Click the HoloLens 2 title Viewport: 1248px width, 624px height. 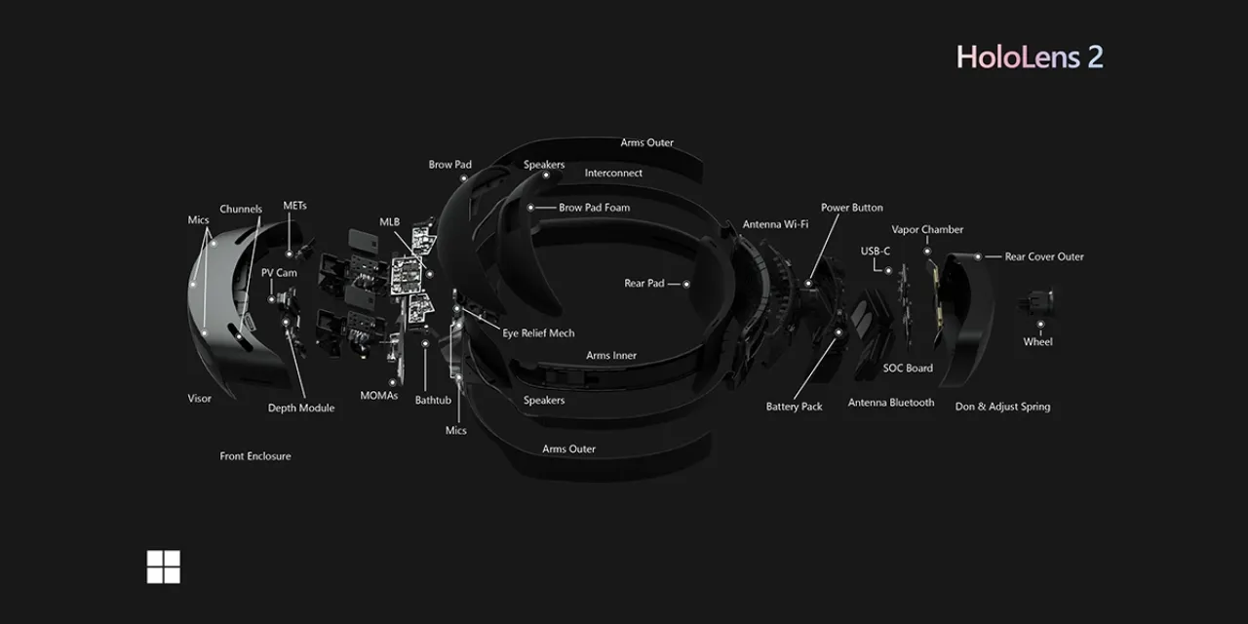pyautogui.click(x=1030, y=57)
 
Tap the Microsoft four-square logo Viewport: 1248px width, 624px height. pyautogui.click(x=163, y=566)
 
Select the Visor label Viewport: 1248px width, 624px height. pyautogui.click(x=200, y=399)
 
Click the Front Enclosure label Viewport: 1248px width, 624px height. pyautogui.click(x=255, y=455)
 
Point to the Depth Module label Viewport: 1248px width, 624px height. pyautogui.click(x=301, y=408)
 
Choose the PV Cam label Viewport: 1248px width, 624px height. pyautogui.click(x=279, y=272)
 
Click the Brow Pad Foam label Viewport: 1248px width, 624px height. pyautogui.click(x=595, y=208)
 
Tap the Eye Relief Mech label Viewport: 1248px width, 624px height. pyautogui.click(x=538, y=333)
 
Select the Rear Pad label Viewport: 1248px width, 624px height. pyautogui.click(x=644, y=283)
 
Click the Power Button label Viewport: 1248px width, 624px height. pyautogui.click(x=852, y=208)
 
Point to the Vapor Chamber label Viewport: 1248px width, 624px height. pyautogui.click(x=927, y=229)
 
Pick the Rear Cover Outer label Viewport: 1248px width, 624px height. pyautogui.click(x=1044, y=256)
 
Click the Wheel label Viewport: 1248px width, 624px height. pyautogui.click(x=1037, y=341)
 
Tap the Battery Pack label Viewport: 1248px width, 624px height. pyautogui.click(x=794, y=407)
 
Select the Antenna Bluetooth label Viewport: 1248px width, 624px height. pyautogui.click(x=891, y=403)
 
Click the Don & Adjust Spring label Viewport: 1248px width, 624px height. pyautogui.click(x=1002, y=407)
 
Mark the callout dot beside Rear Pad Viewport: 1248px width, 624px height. pyautogui.click(x=686, y=284)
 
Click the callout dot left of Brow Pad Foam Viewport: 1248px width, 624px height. pyautogui.click(x=530, y=208)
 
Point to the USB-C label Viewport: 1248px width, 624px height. pyautogui.click(x=876, y=252)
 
